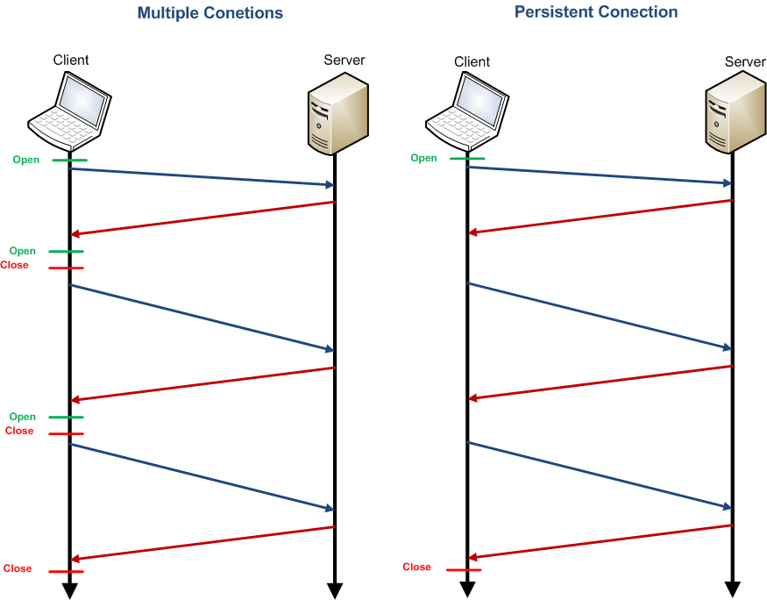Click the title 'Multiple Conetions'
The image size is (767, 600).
210,14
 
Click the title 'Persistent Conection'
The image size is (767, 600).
596,12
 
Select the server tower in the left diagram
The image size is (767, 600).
336,111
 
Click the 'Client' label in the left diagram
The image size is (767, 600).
71,60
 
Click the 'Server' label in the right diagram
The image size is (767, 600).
745,61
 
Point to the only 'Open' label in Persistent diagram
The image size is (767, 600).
423,158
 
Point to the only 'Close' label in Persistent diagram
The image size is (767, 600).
416,567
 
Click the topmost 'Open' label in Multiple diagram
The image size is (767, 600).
25,160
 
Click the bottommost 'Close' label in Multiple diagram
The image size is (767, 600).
18,568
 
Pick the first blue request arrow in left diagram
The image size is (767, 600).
202,176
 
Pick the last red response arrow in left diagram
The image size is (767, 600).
202,543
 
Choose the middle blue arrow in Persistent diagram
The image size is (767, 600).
600,315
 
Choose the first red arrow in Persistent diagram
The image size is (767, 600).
600,216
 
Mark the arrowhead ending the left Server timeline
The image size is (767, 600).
334,590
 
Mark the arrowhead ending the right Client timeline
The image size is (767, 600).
467,589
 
